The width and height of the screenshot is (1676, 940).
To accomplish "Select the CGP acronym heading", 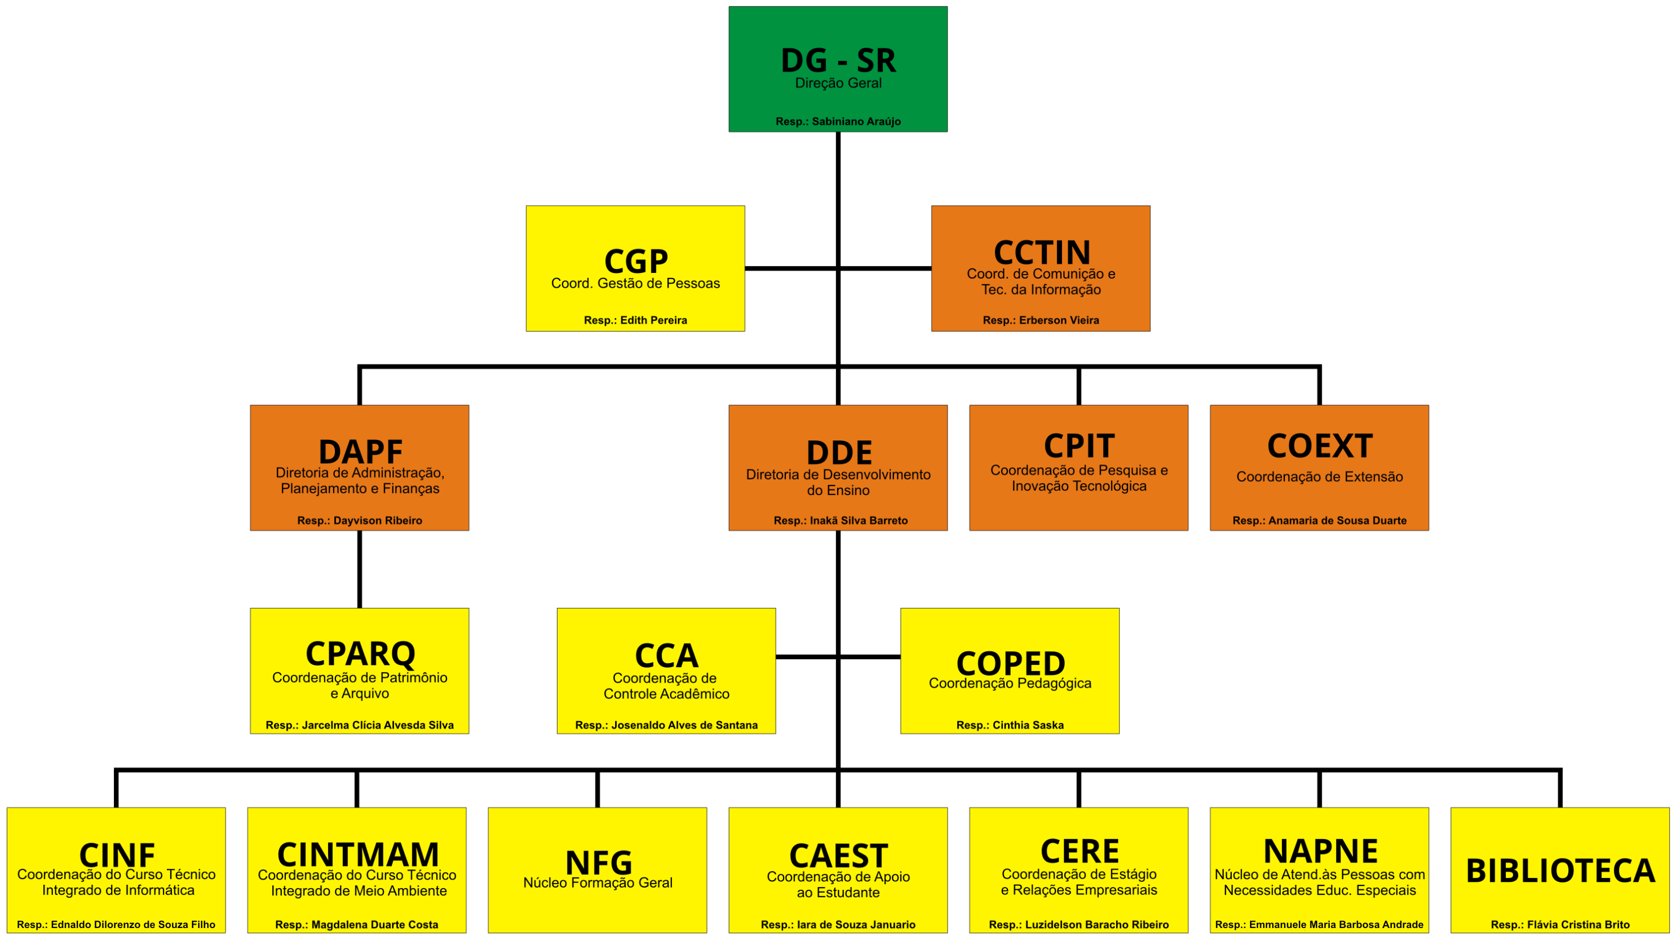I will coord(636,261).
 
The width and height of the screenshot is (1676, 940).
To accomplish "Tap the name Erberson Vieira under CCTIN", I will coord(1059,320).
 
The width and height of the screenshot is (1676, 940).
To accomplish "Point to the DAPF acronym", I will coord(360,451).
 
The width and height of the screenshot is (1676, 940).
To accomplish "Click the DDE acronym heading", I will coord(839,452).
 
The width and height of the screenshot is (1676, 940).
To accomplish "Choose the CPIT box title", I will coord(1079,446).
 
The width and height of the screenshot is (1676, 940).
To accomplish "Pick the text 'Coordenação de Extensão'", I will coord(1319,476).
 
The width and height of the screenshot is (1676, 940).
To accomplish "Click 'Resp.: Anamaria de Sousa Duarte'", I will coord(1319,520).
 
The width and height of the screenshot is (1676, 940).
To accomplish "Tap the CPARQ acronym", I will coord(360,653).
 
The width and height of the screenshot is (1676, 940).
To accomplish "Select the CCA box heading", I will coord(666,655).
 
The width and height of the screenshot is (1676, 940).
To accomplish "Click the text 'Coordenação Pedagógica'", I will coord(1010,683).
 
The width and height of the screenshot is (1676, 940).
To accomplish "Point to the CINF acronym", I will coord(117,854).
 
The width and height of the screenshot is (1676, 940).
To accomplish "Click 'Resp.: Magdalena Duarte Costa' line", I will coord(356,925).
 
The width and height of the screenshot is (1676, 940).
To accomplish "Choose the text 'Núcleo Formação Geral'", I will coord(597,882).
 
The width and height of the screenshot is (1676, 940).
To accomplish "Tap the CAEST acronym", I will coord(838,855).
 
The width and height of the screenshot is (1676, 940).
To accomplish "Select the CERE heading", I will coord(1079,851).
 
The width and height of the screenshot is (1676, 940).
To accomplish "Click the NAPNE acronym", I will coord(1320,851).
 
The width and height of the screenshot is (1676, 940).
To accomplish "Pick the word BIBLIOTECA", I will coord(1559,870).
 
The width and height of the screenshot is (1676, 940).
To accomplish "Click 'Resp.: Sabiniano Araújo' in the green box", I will coord(838,122).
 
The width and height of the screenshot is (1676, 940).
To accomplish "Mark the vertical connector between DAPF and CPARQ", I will coord(360,569).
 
